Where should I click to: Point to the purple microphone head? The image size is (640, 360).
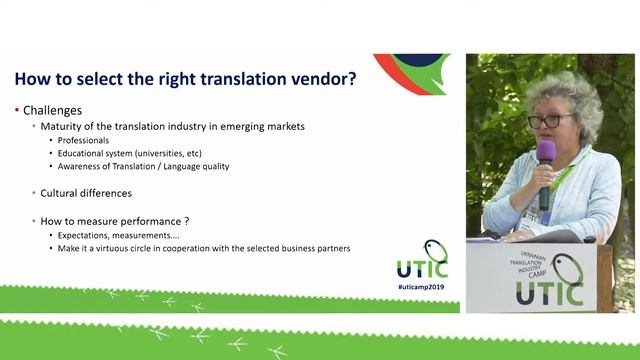[546, 151]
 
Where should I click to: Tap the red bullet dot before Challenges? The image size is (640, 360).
[17, 110]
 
